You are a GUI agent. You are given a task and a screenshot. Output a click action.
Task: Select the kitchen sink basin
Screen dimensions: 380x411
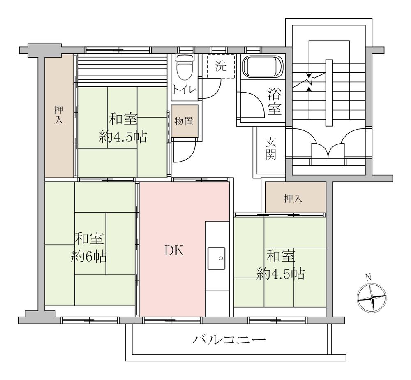pos(216,258)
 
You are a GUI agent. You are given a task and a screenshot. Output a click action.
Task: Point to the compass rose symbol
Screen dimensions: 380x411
pos(372,299)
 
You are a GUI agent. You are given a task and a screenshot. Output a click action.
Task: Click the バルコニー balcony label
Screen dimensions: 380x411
pos(229,340)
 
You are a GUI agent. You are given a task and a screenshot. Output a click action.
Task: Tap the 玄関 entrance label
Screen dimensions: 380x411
pos(270,149)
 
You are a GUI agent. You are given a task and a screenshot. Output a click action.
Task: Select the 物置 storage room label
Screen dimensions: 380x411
pos(184,121)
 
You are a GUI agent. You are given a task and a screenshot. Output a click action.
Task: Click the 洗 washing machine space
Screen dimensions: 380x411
pos(221,67)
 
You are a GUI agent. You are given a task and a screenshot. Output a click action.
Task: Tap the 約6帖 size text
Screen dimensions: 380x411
pos(89,257)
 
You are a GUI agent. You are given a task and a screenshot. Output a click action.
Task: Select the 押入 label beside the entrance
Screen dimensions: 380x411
pos(293,199)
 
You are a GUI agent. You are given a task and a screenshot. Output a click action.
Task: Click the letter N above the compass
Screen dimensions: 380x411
pos(368,277)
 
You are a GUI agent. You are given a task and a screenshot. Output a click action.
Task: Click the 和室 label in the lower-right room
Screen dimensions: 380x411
pos(281,257)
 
